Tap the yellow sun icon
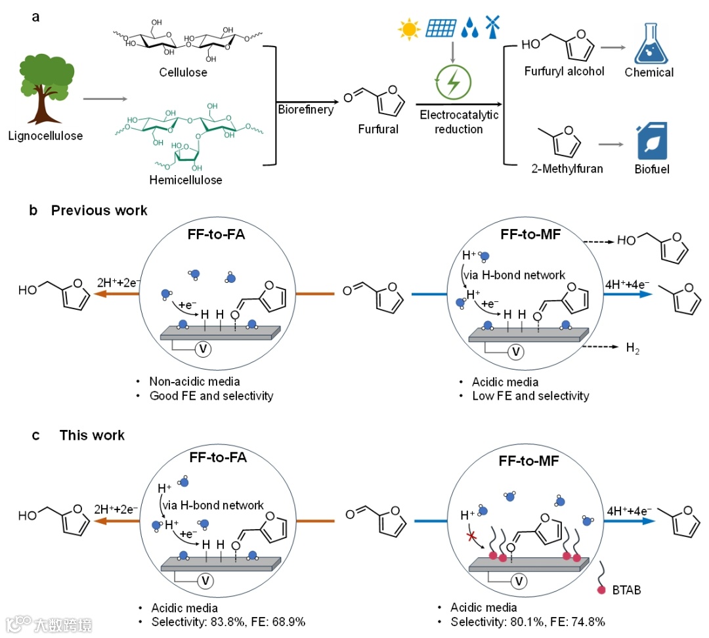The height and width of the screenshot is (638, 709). pyautogui.click(x=409, y=30)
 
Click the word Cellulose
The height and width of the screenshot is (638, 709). pyautogui.click(x=183, y=72)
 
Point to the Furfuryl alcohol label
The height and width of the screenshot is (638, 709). pyautogui.click(x=564, y=71)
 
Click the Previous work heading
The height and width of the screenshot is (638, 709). pyautogui.click(x=99, y=211)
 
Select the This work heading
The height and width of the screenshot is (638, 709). pyautogui.click(x=92, y=435)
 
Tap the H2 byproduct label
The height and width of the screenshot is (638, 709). pyautogui.click(x=632, y=349)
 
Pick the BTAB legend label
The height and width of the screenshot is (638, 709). pyautogui.click(x=627, y=590)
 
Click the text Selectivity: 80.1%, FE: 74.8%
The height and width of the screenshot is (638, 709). pyautogui.click(x=527, y=621)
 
